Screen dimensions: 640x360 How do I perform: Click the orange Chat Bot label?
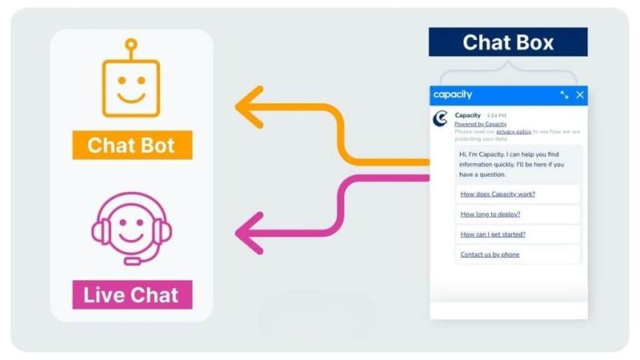click(132, 145)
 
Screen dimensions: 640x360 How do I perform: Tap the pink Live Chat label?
click(132, 294)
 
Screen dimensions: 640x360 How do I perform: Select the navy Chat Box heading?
click(508, 42)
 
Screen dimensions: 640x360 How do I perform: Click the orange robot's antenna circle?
click(131, 44)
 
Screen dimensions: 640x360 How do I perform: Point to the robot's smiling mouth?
click(131, 98)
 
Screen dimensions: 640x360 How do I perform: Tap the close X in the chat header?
click(579, 95)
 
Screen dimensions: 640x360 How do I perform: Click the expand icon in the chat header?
click(565, 95)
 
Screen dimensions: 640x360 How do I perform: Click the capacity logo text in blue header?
click(453, 94)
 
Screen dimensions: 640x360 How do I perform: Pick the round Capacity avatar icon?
click(441, 118)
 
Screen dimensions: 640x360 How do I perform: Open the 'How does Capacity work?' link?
click(498, 194)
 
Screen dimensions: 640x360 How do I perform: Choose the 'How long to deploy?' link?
click(490, 214)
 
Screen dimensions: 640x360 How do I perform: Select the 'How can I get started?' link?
click(493, 234)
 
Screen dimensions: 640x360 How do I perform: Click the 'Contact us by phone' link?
click(490, 254)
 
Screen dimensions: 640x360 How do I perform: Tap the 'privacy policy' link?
click(514, 131)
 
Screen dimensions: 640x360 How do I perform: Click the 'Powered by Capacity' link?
click(481, 124)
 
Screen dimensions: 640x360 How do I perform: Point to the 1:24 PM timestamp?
click(496, 116)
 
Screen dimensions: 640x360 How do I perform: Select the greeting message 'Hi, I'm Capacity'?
click(512, 165)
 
